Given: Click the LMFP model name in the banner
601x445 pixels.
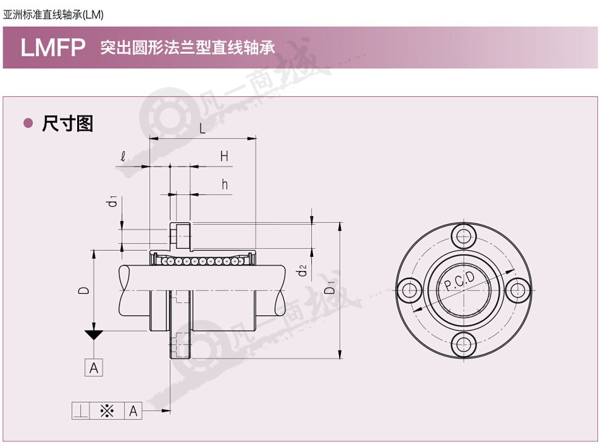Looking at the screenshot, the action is pyautogui.click(x=53, y=47).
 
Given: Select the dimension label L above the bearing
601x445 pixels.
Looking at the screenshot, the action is pyautogui.click(x=202, y=128).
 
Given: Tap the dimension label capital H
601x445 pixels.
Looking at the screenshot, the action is pyautogui.click(x=224, y=156).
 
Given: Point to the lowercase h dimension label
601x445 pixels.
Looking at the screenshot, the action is pyautogui.click(x=225, y=184).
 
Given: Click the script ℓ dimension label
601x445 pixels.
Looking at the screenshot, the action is pyautogui.click(x=123, y=156).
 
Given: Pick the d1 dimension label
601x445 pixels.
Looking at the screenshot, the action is pyautogui.click(x=113, y=201).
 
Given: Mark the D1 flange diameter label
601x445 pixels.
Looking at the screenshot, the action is pyautogui.click(x=329, y=287).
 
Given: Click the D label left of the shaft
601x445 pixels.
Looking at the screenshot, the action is pyautogui.click(x=84, y=290).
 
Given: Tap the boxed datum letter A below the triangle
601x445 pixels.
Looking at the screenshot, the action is pyautogui.click(x=94, y=368).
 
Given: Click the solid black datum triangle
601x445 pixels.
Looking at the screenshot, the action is pyautogui.click(x=94, y=335).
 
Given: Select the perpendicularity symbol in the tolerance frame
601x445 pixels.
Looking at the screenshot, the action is pyautogui.click(x=80, y=411).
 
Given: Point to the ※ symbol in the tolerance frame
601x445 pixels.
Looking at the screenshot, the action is pyautogui.click(x=107, y=411).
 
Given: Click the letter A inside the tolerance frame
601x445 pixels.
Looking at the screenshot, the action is pyautogui.click(x=133, y=411).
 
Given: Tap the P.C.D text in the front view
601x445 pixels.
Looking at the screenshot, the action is pyautogui.click(x=459, y=281).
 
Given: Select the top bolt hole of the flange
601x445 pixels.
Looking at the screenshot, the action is pyautogui.click(x=463, y=236).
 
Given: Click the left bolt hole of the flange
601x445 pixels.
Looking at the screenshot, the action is pyautogui.click(x=409, y=290).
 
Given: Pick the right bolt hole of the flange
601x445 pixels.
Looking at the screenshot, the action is pyautogui.click(x=517, y=290).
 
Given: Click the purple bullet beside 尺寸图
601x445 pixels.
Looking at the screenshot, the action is pyautogui.click(x=28, y=123).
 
